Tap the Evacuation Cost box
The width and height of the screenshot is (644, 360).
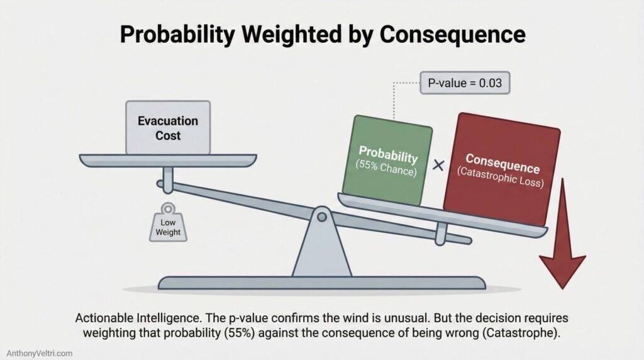(168, 127)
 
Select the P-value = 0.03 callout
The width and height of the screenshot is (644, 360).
(465, 83)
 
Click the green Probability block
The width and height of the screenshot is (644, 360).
(388, 160)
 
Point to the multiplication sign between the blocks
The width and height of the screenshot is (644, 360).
(438, 166)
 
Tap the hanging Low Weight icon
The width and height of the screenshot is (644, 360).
(169, 223)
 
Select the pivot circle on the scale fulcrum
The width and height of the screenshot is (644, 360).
(321, 217)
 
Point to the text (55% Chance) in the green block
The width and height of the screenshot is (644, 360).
(388, 168)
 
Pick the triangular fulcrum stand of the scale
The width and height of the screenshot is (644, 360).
(321, 249)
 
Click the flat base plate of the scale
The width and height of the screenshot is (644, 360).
(321, 283)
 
